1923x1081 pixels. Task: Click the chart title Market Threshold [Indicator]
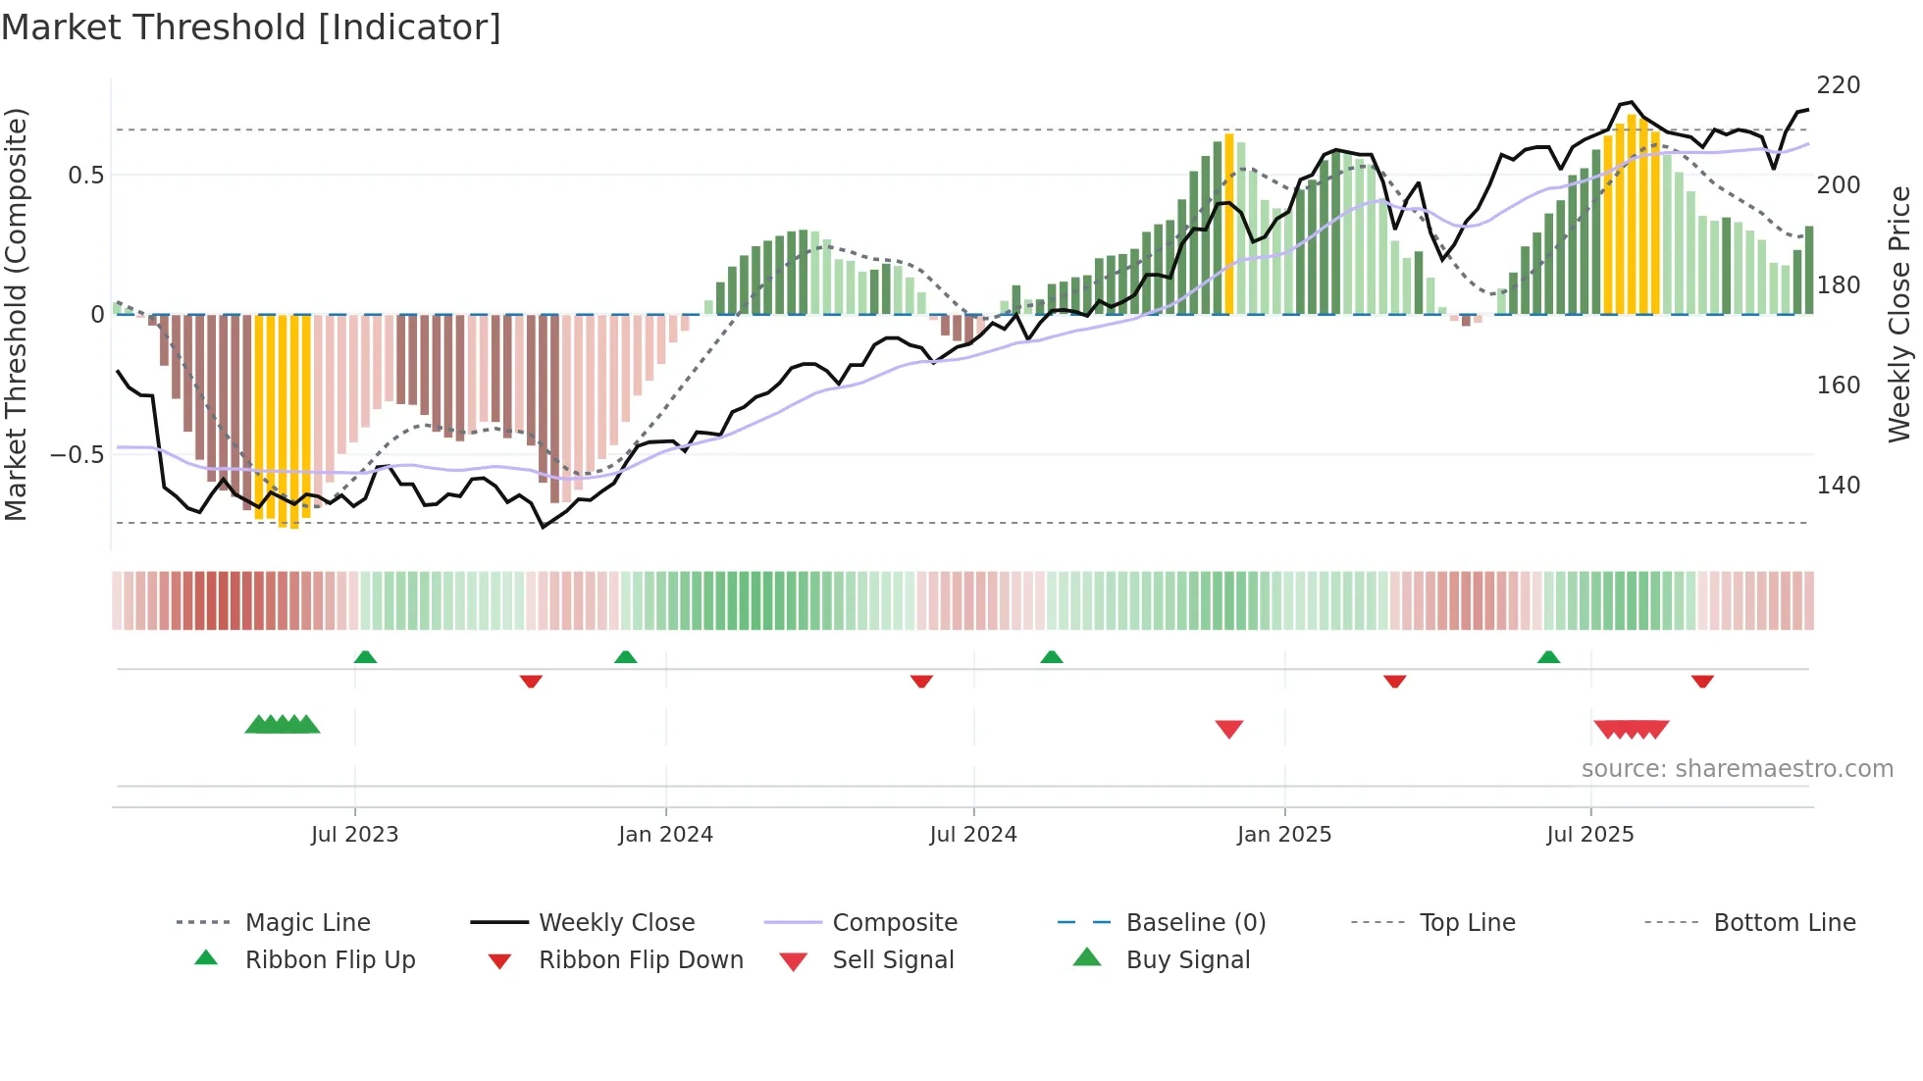pyautogui.click(x=251, y=27)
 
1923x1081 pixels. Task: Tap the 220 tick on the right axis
pyautogui.click(x=1838, y=85)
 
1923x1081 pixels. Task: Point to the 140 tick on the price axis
pyautogui.click(x=1838, y=486)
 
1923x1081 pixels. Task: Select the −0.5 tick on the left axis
pyautogui.click(x=78, y=455)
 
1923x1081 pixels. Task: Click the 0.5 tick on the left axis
pyautogui.click(x=85, y=176)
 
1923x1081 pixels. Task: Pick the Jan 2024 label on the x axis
pyautogui.click(x=665, y=835)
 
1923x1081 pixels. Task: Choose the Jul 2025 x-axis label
pyautogui.click(x=1589, y=835)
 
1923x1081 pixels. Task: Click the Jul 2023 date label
pyautogui.click(x=354, y=835)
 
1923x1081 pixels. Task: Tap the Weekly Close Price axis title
pyautogui.click(x=1899, y=314)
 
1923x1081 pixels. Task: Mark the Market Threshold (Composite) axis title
pyautogui.click(x=16, y=314)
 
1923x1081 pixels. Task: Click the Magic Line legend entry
pyautogui.click(x=307, y=923)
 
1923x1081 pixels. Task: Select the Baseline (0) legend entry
pyautogui.click(x=1195, y=923)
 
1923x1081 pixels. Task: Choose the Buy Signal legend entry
pyautogui.click(x=1187, y=960)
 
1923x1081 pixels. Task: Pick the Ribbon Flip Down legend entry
pyautogui.click(x=640, y=960)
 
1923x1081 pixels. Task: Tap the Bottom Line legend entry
pyautogui.click(x=1784, y=923)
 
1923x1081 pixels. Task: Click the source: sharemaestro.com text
pyautogui.click(x=1737, y=769)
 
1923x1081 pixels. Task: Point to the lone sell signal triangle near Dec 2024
pyautogui.click(x=1228, y=729)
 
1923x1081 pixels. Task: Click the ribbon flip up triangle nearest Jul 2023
pyautogui.click(x=365, y=657)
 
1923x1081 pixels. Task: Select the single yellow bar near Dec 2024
pyautogui.click(x=1228, y=224)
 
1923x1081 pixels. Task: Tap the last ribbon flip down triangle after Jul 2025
pyautogui.click(x=1702, y=681)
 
